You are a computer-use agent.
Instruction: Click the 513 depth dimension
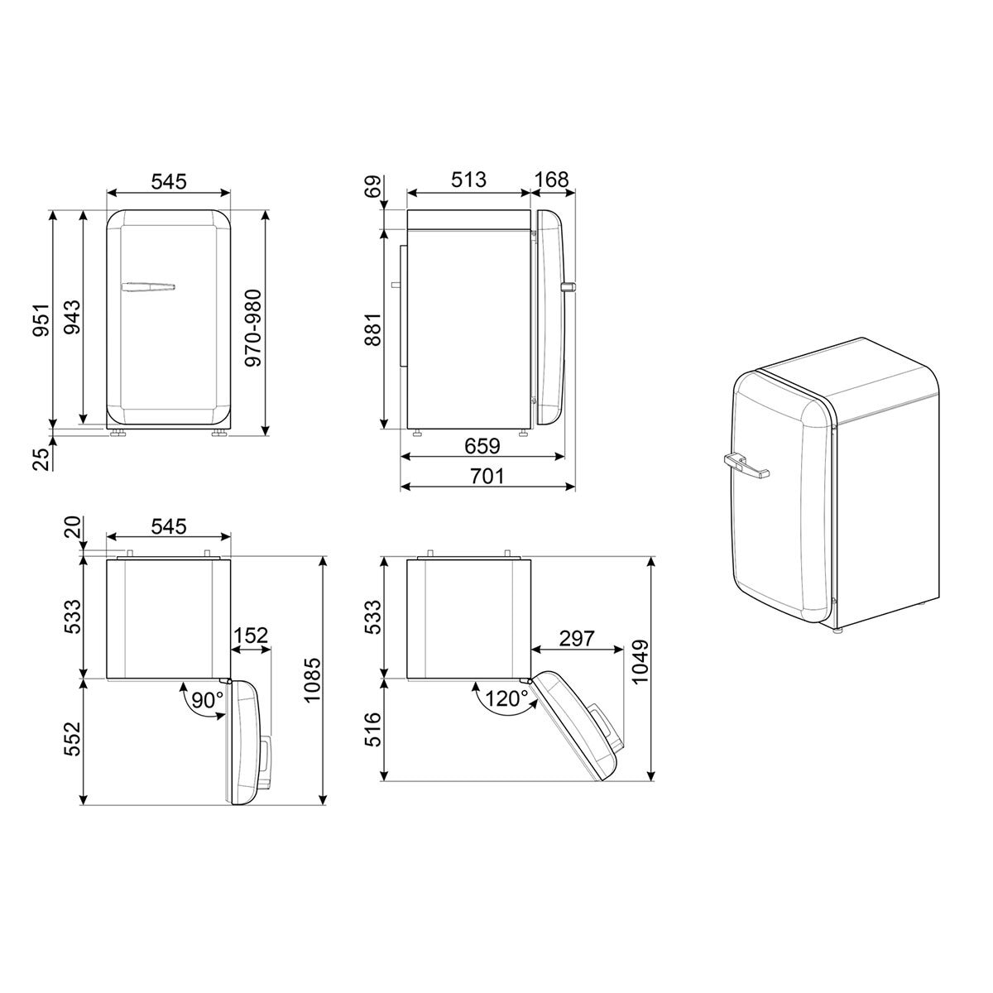click(468, 180)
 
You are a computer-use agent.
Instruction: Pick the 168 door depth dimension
click(552, 180)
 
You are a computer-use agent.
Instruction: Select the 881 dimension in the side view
click(373, 330)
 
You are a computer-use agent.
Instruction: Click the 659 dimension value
click(482, 446)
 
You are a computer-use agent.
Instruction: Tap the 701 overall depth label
click(487, 477)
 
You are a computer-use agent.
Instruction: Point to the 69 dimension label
click(373, 186)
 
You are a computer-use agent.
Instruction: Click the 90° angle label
click(207, 700)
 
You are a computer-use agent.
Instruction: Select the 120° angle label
click(507, 700)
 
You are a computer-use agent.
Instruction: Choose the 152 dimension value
click(251, 636)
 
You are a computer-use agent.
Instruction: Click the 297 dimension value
click(577, 638)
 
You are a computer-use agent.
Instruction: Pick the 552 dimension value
click(72, 740)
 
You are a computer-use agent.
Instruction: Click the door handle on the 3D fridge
click(746, 466)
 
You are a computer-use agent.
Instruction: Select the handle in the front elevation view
click(148, 287)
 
